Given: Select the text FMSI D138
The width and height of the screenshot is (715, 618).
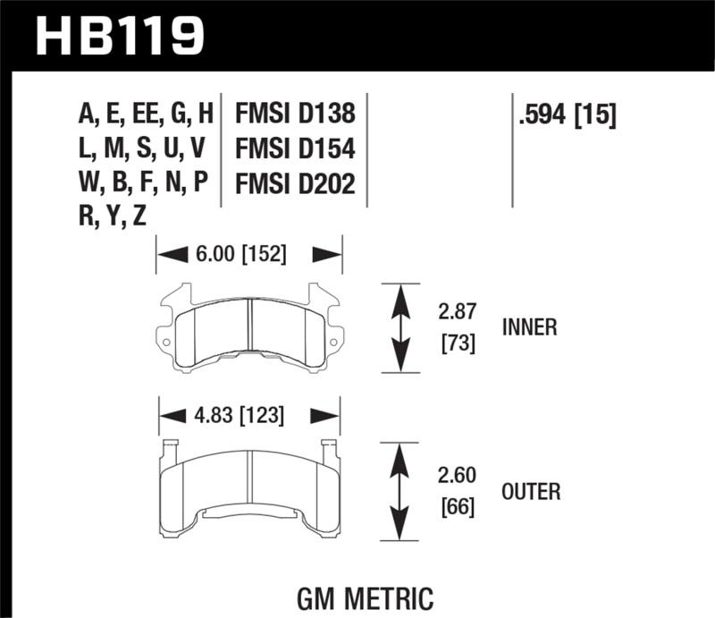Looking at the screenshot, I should point(295,114).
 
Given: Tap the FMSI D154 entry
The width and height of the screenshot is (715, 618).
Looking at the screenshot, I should point(295,148).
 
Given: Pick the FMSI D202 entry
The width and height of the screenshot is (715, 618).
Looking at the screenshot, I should point(295,183).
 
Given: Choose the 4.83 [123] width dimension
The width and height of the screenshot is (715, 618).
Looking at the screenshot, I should point(240,415).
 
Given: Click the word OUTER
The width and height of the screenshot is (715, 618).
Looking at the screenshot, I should point(531,491).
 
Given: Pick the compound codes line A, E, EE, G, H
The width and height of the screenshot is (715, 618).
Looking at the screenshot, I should point(146,114).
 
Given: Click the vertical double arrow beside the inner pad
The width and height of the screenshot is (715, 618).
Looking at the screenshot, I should point(400,327).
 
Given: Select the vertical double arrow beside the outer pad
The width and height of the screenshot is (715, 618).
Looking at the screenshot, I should point(400,491).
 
